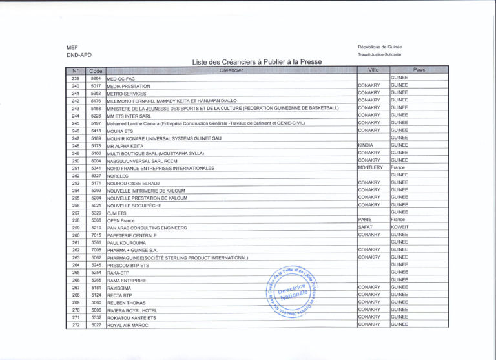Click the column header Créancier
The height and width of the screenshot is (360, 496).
coord(231,70)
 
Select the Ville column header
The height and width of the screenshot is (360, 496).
coord(373,70)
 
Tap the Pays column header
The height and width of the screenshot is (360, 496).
coord(418,70)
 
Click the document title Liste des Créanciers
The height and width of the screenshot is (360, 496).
coord(257,62)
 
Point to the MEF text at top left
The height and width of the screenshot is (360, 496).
coord(72,47)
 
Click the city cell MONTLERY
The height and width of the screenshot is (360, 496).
coord(370,167)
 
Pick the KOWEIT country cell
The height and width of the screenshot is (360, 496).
coord(400,227)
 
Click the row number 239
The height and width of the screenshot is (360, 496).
coord(76,78)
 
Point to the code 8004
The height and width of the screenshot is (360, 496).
coord(96,160)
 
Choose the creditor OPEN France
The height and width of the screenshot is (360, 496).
coord(121,220)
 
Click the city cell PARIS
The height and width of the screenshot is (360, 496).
coord(365,220)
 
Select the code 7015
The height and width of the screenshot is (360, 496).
coord(96,235)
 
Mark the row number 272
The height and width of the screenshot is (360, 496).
coord(76,325)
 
